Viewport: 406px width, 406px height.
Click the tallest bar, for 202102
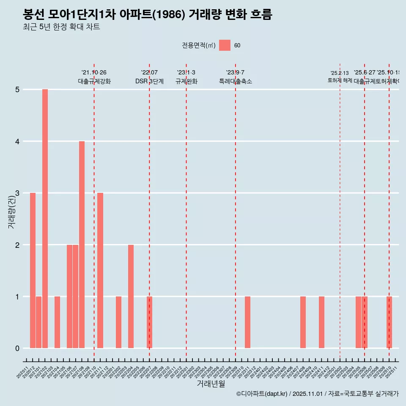pyautogui.click(x=45, y=219)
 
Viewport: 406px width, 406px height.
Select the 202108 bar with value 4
pyautogui.click(x=82, y=244)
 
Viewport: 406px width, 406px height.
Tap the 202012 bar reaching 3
pyautogui.click(x=33, y=270)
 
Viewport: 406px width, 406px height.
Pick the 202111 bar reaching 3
pyautogui.click(x=100, y=270)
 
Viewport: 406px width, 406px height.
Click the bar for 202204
pyautogui.click(x=131, y=296)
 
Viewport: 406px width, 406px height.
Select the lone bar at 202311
pyautogui.click(x=247, y=322)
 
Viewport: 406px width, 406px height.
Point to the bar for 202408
pyautogui.click(x=303, y=322)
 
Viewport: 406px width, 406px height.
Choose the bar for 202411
pyautogui.click(x=321, y=322)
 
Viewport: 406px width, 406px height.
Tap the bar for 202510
pyautogui.click(x=389, y=322)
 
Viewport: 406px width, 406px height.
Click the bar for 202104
pyautogui.click(x=57, y=322)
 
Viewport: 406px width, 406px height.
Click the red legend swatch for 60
pyautogui.click(x=225, y=45)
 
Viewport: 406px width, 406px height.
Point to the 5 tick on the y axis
pyautogui.click(x=18, y=90)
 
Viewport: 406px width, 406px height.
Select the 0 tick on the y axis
pyautogui.click(x=18, y=348)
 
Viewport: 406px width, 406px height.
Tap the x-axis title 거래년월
pyautogui.click(x=211, y=384)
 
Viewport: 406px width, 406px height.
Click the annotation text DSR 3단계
pyautogui.click(x=149, y=81)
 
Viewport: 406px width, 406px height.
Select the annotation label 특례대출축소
pyautogui.click(x=235, y=81)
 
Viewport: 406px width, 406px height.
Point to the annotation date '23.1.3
pyautogui.click(x=186, y=73)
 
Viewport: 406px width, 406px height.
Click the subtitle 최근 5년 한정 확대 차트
pyautogui.click(x=61, y=27)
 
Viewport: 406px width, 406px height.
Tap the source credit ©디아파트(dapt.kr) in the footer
pyautogui.click(x=262, y=394)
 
